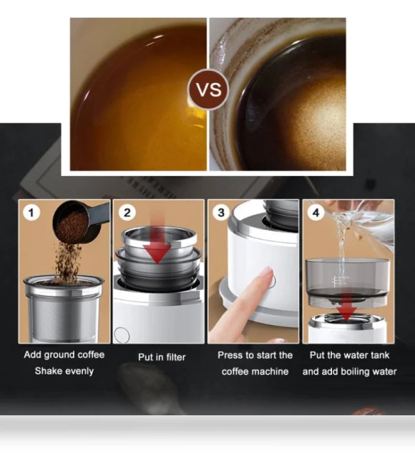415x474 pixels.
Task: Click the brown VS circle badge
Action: (208, 90)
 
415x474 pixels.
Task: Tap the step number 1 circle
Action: (31, 213)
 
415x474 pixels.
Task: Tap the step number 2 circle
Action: (127, 212)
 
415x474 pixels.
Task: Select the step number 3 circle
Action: (221, 212)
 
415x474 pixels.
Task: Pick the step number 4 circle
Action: (316, 213)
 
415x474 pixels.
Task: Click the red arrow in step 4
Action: (347, 306)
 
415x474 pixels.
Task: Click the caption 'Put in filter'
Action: (162, 357)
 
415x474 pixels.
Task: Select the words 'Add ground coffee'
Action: (64, 354)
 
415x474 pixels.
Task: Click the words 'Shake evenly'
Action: (64, 371)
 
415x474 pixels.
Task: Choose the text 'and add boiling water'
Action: (349, 371)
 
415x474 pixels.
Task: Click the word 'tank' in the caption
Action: (379, 355)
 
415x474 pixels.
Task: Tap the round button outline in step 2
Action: (122, 335)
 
